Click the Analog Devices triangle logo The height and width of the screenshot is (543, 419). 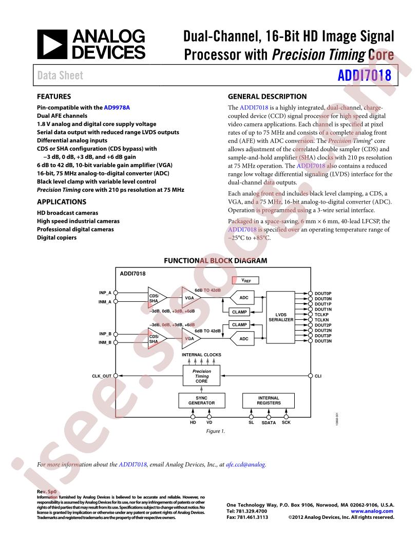click(x=52, y=44)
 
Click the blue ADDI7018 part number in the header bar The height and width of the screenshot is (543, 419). click(x=365, y=76)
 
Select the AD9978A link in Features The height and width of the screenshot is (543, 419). click(x=117, y=107)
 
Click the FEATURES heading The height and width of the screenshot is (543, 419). click(x=54, y=97)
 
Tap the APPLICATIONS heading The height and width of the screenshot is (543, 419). click(x=62, y=202)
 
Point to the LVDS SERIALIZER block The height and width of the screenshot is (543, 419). click(x=281, y=317)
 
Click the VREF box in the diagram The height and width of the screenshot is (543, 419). click(x=245, y=280)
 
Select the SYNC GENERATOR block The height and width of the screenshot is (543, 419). click(x=202, y=401)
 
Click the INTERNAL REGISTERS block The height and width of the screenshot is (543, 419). click(x=269, y=401)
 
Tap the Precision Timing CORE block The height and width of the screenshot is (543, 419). click(x=202, y=376)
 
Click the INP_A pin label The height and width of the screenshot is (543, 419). click(x=105, y=293)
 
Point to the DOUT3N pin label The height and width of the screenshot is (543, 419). click(x=323, y=341)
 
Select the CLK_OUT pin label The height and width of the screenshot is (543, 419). click(x=102, y=376)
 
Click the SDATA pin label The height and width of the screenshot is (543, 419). click(x=269, y=423)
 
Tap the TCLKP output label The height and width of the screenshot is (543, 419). click(x=321, y=315)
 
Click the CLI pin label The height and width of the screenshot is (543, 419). click(x=318, y=376)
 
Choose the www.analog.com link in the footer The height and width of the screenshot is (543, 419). click(x=372, y=511)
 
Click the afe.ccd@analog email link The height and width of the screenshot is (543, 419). click(x=246, y=464)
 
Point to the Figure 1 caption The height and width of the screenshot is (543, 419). click(x=215, y=431)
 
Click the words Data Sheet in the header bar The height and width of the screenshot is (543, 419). click(x=60, y=76)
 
